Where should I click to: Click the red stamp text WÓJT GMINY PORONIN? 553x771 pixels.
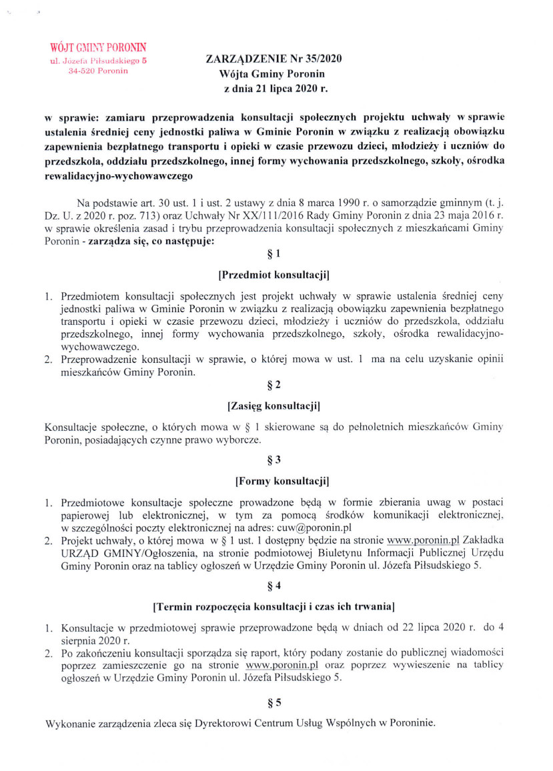[x=98, y=47]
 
